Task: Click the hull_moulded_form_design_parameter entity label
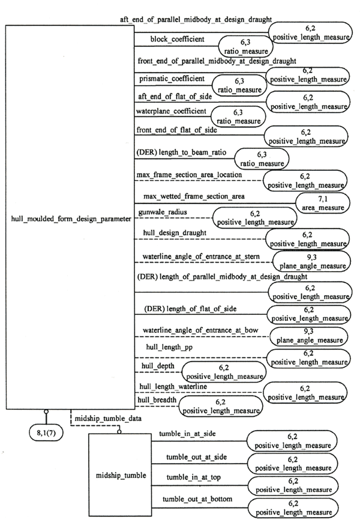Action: coord(71,220)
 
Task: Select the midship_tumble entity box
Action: coord(121,476)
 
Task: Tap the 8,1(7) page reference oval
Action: coord(47,432)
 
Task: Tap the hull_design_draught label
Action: coord(174,232)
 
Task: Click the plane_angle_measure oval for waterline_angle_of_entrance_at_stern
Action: coord(310,261)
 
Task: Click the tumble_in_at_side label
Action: coord(187,434)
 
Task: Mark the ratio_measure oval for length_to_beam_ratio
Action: coord(262,158)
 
